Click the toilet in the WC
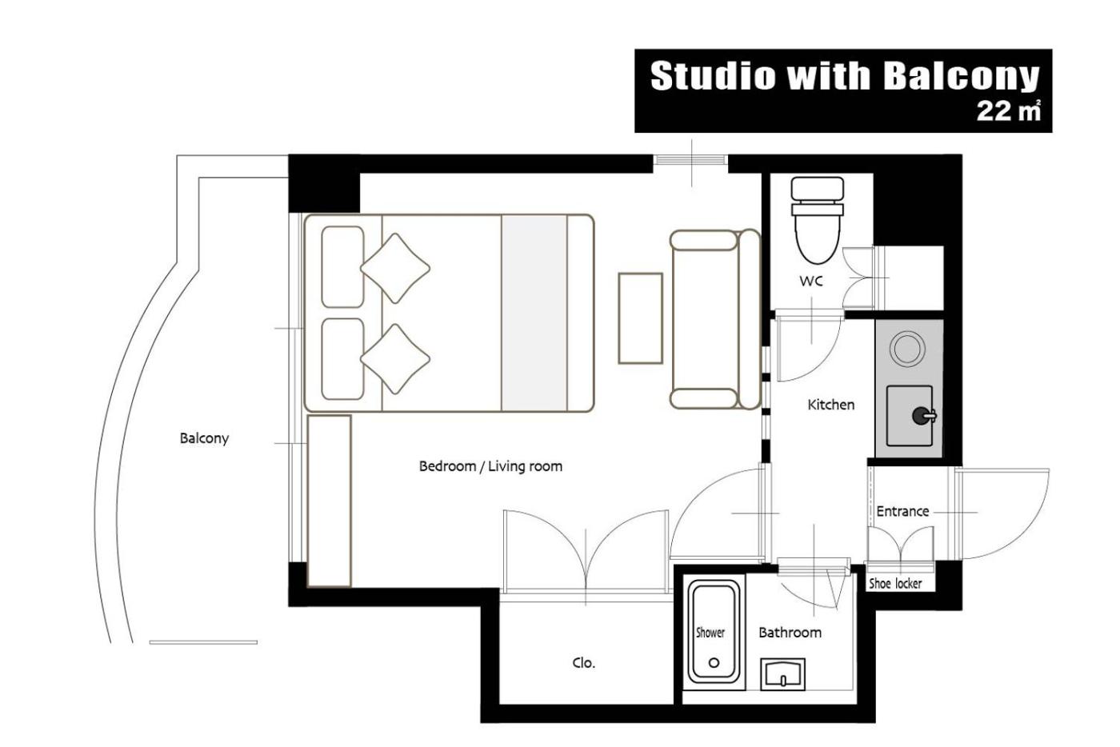pos(817,219)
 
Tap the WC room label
pos(810,281)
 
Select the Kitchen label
pos(830,405)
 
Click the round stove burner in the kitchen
pos(906,348)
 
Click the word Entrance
pos(902,511)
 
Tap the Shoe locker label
pos(895,583)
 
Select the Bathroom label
pos(790,632)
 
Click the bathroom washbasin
pos(782,673)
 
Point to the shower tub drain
pos(714,663)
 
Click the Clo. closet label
pos(583,663)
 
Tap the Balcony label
pos(204,438)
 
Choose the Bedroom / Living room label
pos(490,466)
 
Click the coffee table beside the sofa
pos(641,318)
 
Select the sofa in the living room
pos(715,319)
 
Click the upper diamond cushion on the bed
pos(395,268)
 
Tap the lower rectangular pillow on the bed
pos(342,359)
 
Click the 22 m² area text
pos(1009,111)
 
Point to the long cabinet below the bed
pos(329,501)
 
